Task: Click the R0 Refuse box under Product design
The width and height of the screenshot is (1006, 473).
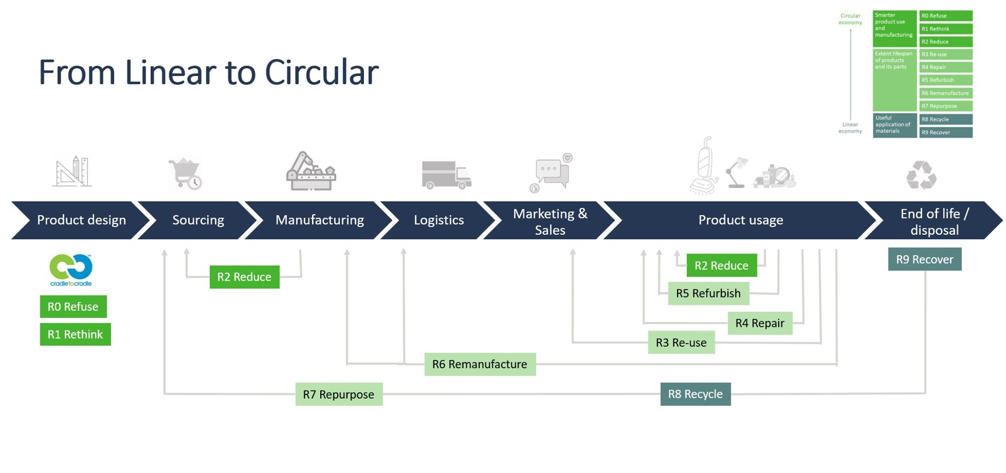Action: pos(73,306)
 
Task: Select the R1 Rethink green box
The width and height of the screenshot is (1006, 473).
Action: pos(75,334)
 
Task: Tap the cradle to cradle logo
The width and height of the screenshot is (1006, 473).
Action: pos(71,270)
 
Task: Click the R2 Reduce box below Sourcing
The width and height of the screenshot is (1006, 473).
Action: pos(244,277)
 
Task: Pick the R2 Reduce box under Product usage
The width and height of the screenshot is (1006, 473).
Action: pos(721,265)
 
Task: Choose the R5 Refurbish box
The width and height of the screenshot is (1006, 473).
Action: pos(708,293)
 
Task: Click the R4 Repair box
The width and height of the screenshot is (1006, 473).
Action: pos(760,323)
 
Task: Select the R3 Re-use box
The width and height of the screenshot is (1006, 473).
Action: pos(681,342)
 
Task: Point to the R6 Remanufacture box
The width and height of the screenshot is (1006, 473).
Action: pos(480,364)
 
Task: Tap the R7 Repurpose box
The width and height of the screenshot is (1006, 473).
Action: pos(339,394)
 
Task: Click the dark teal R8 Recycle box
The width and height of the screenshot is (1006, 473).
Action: pos(695,394)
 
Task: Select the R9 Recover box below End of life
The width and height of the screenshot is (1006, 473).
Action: pos(925,259)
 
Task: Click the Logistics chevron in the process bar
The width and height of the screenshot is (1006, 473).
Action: pos(439,220)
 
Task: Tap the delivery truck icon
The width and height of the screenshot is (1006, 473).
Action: pos(446,174)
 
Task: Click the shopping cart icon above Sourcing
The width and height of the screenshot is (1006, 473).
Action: pos(185,173)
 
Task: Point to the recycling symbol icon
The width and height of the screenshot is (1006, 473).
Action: pos(921,175)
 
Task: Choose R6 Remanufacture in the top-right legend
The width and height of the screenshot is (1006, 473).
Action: pos(945,93)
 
